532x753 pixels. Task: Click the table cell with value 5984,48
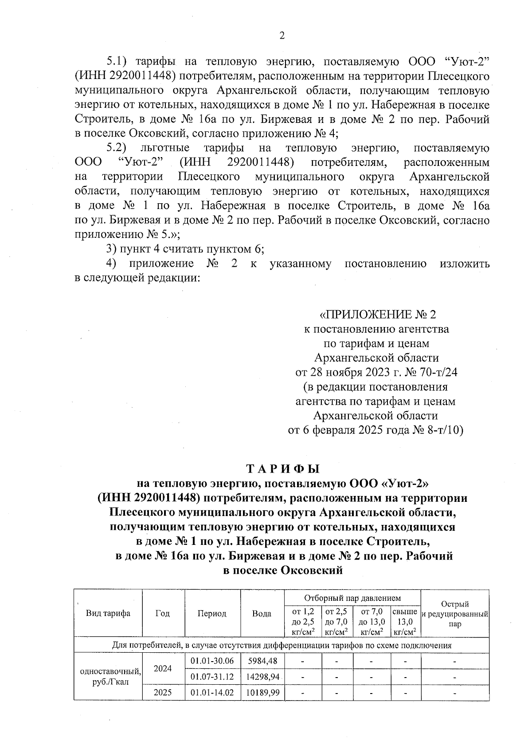pos(262,661)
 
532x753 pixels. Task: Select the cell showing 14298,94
pos(262,677)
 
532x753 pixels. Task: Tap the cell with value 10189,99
pos(262,693)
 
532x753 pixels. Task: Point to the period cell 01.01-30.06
pos(212,661)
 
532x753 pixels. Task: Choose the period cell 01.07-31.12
pos(212,677)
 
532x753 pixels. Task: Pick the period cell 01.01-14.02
pos(212,693)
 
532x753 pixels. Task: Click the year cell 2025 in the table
pos(163,693)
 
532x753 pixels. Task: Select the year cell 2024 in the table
pos(163,669)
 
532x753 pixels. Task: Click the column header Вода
pos(262,614)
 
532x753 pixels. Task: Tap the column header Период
pos(212,614)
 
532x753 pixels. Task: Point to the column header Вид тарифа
pos(108,614)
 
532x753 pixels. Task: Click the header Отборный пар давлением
pos(352,599)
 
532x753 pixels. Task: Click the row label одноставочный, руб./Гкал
pos(108,677)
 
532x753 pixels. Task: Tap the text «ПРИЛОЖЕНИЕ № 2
pos(378,315)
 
